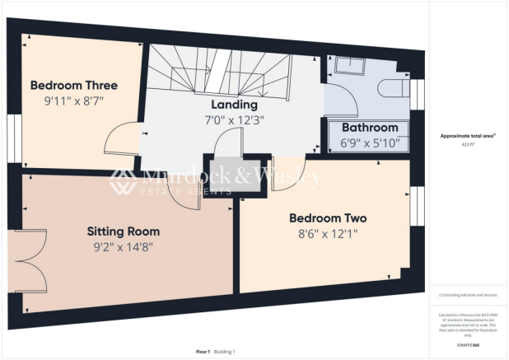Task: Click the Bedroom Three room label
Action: click(73, 85)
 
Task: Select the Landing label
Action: click(234, 105)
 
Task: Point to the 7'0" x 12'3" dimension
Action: click(234, 119)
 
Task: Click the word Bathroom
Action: click(369, 128)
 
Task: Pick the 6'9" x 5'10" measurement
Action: click(369, 143)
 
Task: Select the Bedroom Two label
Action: click(327, 218)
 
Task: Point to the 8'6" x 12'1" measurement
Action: click(327, 233)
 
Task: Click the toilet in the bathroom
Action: click(395, 89)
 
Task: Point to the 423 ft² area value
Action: click(469, 143)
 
